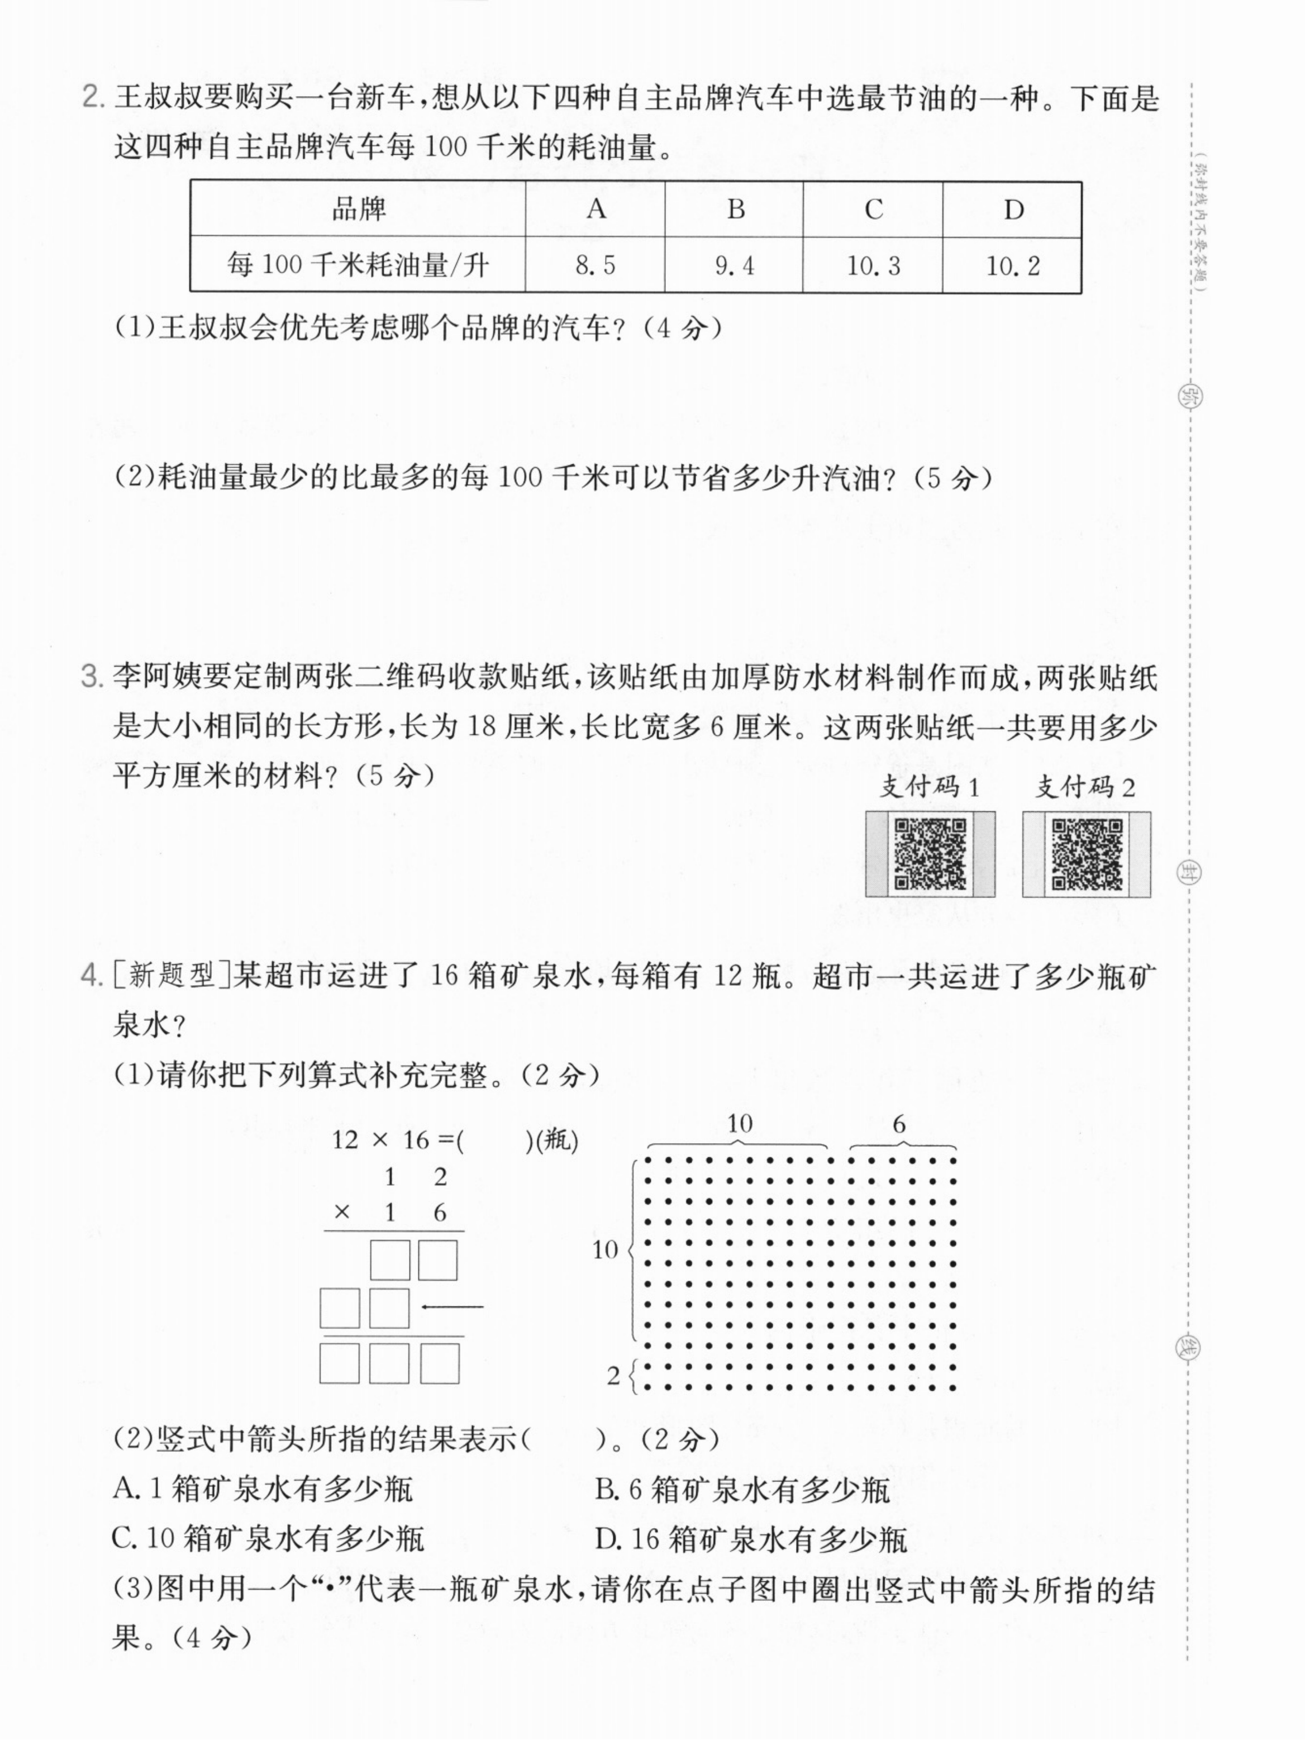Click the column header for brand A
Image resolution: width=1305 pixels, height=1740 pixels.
[596, 209]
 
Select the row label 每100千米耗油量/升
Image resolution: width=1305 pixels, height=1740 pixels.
[358, 265]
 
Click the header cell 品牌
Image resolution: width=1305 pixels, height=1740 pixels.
[358, 209]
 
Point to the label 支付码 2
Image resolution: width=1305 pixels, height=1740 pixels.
[1085, 787]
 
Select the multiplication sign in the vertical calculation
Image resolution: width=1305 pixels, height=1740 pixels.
[341, 1212]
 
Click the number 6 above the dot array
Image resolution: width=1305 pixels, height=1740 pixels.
[899, 1125]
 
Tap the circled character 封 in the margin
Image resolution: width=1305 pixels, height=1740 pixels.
[1187, 872]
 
